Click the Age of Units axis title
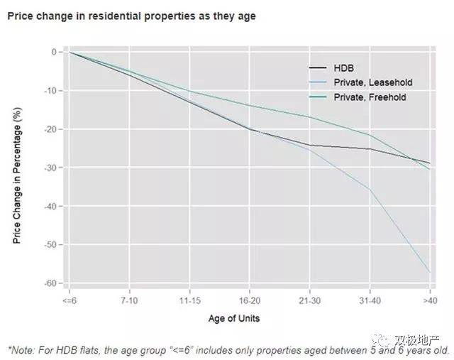(234, 319)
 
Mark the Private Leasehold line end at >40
(430, 272)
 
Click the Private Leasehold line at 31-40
(370, 188)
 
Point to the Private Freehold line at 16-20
(249, 106)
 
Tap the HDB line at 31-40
(370, 148)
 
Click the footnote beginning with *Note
(227, 349)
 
